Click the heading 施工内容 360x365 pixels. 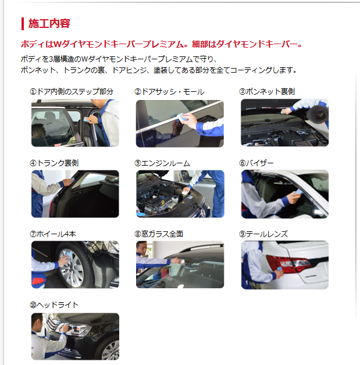[x=49, y=23]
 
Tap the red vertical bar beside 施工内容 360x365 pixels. [x=23, y=24]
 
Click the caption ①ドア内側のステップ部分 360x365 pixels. [x=72, y=91]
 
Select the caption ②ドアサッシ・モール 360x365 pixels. [x=169, y=92]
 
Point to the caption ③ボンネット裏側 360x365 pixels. [x=267, y=91]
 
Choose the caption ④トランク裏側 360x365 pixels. [x=54, y=163]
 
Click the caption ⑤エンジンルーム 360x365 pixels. [x=162, y=163]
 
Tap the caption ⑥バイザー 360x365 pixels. [x=256, y=163]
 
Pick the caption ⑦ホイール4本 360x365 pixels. [x=53, y=234]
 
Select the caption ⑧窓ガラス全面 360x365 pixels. [x=159, y=234]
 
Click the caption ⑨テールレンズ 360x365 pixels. [x=263, y=234]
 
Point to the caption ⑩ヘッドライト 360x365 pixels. [x=54, y=305]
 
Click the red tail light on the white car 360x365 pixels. [x=288, y=263]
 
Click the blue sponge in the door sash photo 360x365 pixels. [x=182, y=118]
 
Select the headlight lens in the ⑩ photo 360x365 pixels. [x=74, y=329]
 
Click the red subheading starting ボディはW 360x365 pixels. [x=161, y=44]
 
